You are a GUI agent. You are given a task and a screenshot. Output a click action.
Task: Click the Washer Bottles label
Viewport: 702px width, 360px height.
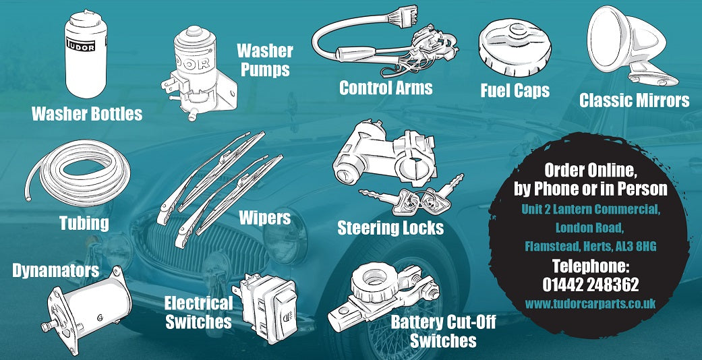tap(87, 113)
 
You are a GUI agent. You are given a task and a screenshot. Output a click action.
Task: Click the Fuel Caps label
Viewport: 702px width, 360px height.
tap(515, 90)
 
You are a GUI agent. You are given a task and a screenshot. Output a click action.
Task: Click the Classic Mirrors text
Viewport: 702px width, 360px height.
tap(635, 100)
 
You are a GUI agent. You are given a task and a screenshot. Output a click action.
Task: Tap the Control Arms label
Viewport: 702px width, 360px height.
tap(386, 88)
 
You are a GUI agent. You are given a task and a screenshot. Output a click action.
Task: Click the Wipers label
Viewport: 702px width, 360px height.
tap(264, 218)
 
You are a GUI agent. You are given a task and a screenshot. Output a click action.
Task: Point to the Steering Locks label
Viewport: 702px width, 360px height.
tap(390, 227)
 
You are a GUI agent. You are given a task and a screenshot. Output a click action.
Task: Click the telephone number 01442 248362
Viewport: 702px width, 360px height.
tap(590, 284)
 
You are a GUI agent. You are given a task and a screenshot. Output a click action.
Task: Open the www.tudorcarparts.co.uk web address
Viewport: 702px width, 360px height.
tap(590, 304)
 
